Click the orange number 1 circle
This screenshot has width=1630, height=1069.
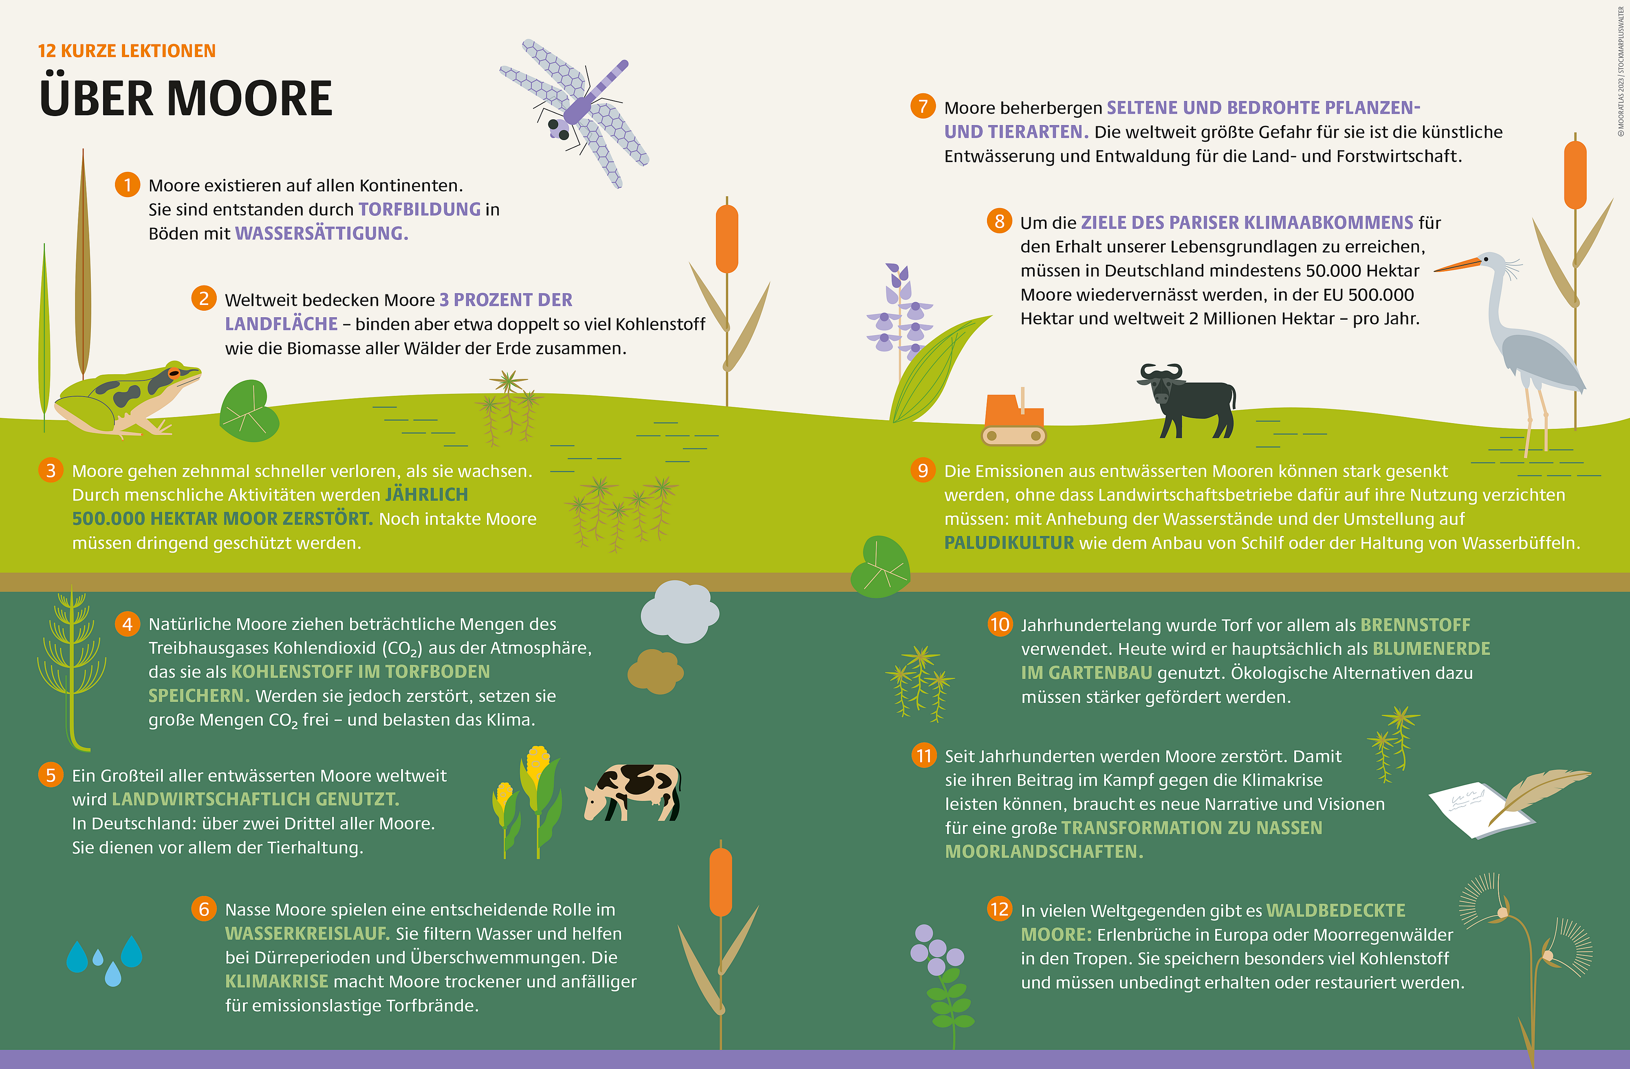[128, 185]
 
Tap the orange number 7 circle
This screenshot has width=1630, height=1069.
[923, 106]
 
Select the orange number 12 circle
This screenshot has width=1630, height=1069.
[999, 909]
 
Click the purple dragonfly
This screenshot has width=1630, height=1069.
[574, 113]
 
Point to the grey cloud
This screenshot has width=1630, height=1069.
[679, 611]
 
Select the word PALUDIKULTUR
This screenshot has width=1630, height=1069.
[1009, 543]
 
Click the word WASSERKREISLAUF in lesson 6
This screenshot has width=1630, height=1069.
[307, 933]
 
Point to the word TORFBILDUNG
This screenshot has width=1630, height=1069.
[419, 209]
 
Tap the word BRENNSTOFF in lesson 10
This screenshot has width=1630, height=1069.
[1415, 625]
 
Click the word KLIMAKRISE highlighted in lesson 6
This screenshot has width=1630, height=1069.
[277, 981]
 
